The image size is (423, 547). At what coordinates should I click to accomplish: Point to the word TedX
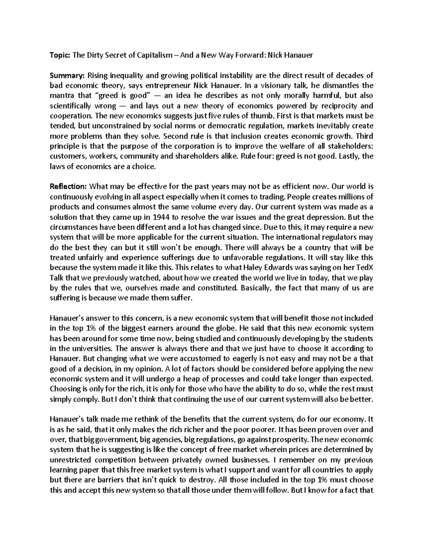click(364, 267)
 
